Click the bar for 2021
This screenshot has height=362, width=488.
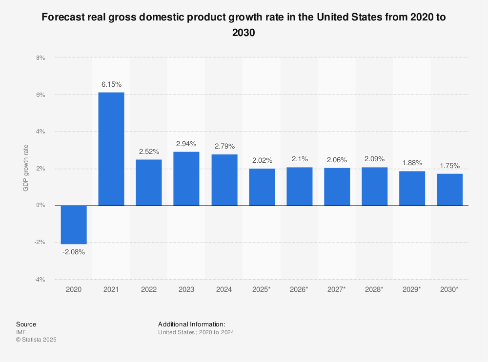(111, 149)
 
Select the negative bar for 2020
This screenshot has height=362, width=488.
(74, 225)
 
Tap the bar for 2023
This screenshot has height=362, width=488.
(186, 178)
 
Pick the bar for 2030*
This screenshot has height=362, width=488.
(449, 190)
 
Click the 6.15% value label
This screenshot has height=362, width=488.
(111, 85)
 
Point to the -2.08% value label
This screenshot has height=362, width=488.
(74, 252)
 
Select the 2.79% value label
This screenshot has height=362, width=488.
(224, 146)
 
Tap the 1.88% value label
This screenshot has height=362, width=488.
(412, 163)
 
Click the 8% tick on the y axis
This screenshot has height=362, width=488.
(40, 57)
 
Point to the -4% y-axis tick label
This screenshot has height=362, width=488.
(40, 280)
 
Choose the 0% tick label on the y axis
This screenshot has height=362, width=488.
(40, 206)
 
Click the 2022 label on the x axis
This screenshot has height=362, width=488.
(149, 289)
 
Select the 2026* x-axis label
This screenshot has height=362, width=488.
(299, 289)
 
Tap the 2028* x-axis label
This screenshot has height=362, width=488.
(374, 289)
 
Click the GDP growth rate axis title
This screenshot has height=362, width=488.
(26, 169)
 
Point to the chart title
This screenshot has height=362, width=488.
(244, 25)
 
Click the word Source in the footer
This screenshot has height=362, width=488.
(26, 324)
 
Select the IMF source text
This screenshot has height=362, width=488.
(21, 332)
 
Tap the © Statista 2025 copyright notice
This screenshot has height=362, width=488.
(36, 340)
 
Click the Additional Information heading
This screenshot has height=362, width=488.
(191, 324)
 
